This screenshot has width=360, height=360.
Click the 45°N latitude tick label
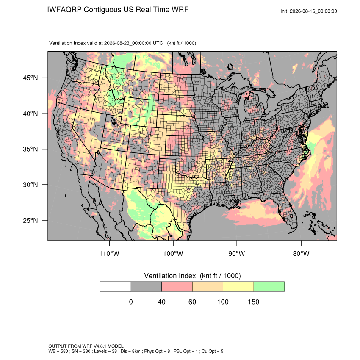[30, 78]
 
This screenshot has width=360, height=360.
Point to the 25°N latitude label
[30, 220]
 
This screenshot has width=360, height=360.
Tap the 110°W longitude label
[109, 253]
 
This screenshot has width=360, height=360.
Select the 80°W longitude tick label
[301, 253]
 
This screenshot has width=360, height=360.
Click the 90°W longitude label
[236, 253]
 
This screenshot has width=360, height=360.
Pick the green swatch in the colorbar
[269, 287]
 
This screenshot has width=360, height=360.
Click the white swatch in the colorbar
[116, 287]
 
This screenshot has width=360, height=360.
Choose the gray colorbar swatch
[146, 287]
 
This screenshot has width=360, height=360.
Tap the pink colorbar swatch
[177, 287]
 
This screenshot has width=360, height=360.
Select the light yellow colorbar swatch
[238, 287]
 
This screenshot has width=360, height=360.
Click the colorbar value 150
[253, 302]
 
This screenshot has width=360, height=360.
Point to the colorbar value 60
[192, 302]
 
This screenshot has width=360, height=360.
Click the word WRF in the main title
[181, 10]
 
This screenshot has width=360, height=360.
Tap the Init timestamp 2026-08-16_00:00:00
[313, 11]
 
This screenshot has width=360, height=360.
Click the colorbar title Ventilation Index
[170, 276]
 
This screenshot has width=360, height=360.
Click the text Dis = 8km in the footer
[130, 351]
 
